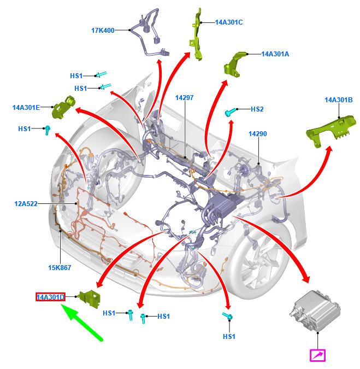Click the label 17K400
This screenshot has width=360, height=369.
point(103,31)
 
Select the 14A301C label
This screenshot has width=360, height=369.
point(229,22)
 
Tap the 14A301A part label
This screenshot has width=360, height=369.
point(275,54)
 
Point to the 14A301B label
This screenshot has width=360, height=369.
point(339,100)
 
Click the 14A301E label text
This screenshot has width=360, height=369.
point(26,108)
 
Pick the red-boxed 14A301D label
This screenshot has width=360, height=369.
point(50,297)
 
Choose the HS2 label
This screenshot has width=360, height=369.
point(257,109)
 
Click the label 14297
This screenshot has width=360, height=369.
point(185,98)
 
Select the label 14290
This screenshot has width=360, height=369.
point(257,133)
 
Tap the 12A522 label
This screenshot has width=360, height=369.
point(26,204)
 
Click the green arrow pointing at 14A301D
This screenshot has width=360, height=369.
point(82,323)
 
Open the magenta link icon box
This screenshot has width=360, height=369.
point(317,356)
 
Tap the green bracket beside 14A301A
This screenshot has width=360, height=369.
point(234,62)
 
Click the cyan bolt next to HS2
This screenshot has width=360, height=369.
point(229,112)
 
